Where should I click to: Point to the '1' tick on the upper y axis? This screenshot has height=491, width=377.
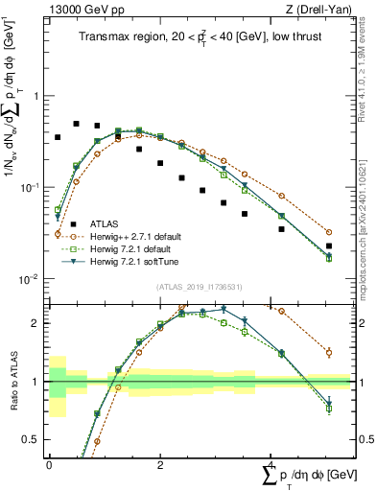36,97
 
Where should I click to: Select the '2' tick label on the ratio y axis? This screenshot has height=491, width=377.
36,323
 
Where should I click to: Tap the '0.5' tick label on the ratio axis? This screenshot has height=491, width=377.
32,440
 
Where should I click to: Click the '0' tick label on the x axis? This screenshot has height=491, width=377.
48,464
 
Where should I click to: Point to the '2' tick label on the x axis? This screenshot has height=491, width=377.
158,464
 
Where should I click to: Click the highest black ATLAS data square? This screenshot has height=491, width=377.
77,124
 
